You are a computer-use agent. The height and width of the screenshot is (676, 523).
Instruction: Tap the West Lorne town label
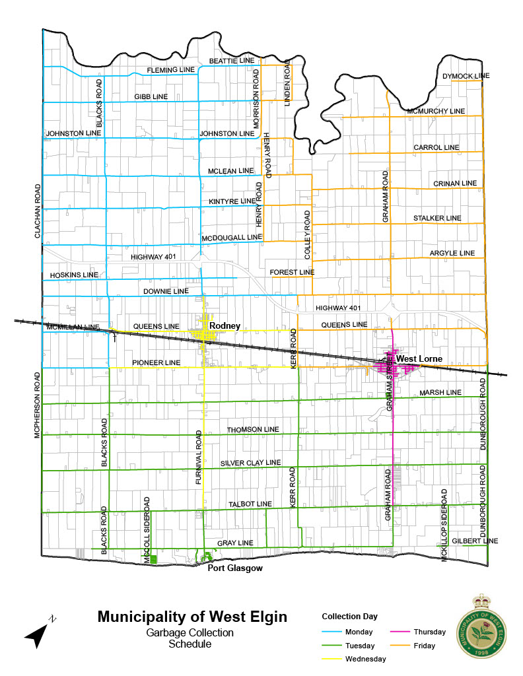[x=419, y=359]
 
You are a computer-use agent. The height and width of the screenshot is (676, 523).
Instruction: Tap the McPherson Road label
[x=38, y=406]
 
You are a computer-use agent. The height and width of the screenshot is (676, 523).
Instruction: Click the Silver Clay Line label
[x=250, y=462]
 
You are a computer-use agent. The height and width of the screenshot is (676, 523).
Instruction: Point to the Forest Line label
[x=292, y=272]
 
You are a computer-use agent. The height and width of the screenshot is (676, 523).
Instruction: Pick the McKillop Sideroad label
[x=444, y=525]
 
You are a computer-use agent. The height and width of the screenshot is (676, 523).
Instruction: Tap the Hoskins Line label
[x=74, y=275]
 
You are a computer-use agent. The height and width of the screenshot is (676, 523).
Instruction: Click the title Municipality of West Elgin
[x=192, y=617]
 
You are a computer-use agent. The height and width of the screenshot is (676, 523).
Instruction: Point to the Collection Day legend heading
[x=349, y=616]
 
